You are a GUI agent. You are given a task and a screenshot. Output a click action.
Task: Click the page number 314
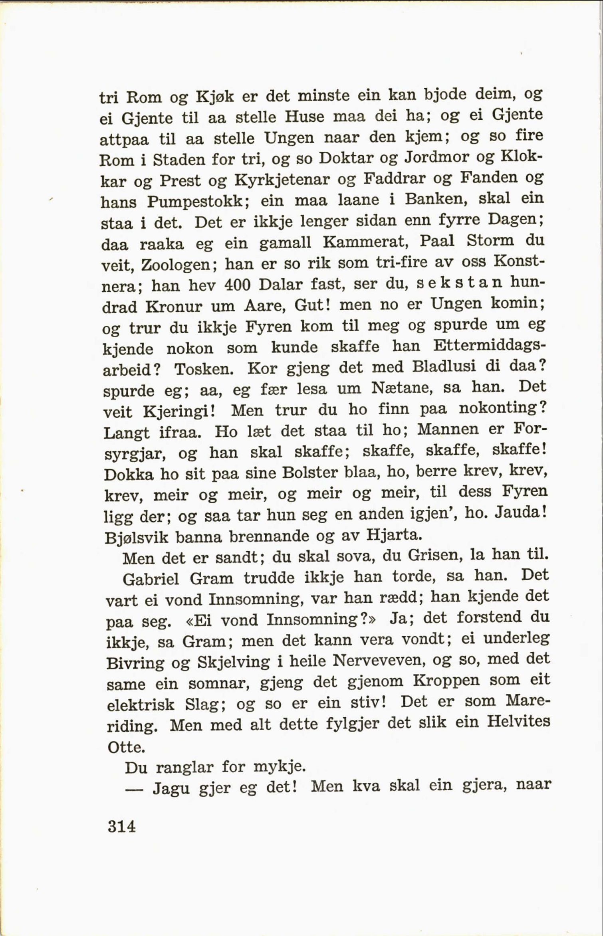(121, 825)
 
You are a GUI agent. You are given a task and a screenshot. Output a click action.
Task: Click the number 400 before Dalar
(238, 285)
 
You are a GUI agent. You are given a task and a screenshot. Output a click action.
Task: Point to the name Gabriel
(151, 578)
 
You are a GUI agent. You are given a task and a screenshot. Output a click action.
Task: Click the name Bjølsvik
(135, 538)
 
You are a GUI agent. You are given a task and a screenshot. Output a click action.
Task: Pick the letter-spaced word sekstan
(459, 283)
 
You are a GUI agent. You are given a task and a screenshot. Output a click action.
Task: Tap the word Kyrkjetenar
(282, 180)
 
